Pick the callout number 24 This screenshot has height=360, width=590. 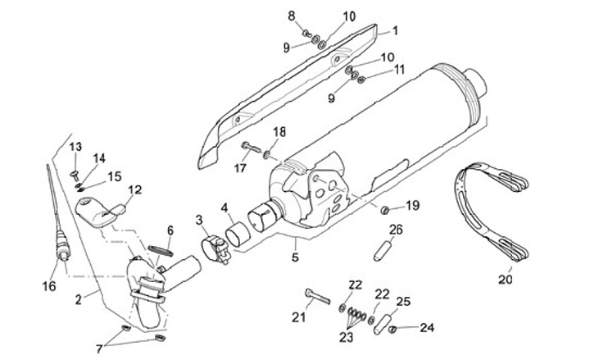click(x=426, y=329)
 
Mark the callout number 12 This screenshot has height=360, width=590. click(x=134, y=189)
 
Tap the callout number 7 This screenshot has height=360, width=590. click(x=99, y=349)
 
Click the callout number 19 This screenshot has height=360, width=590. click(x=412, y=205)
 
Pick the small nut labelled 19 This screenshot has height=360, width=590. click(x=383, y=209)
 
